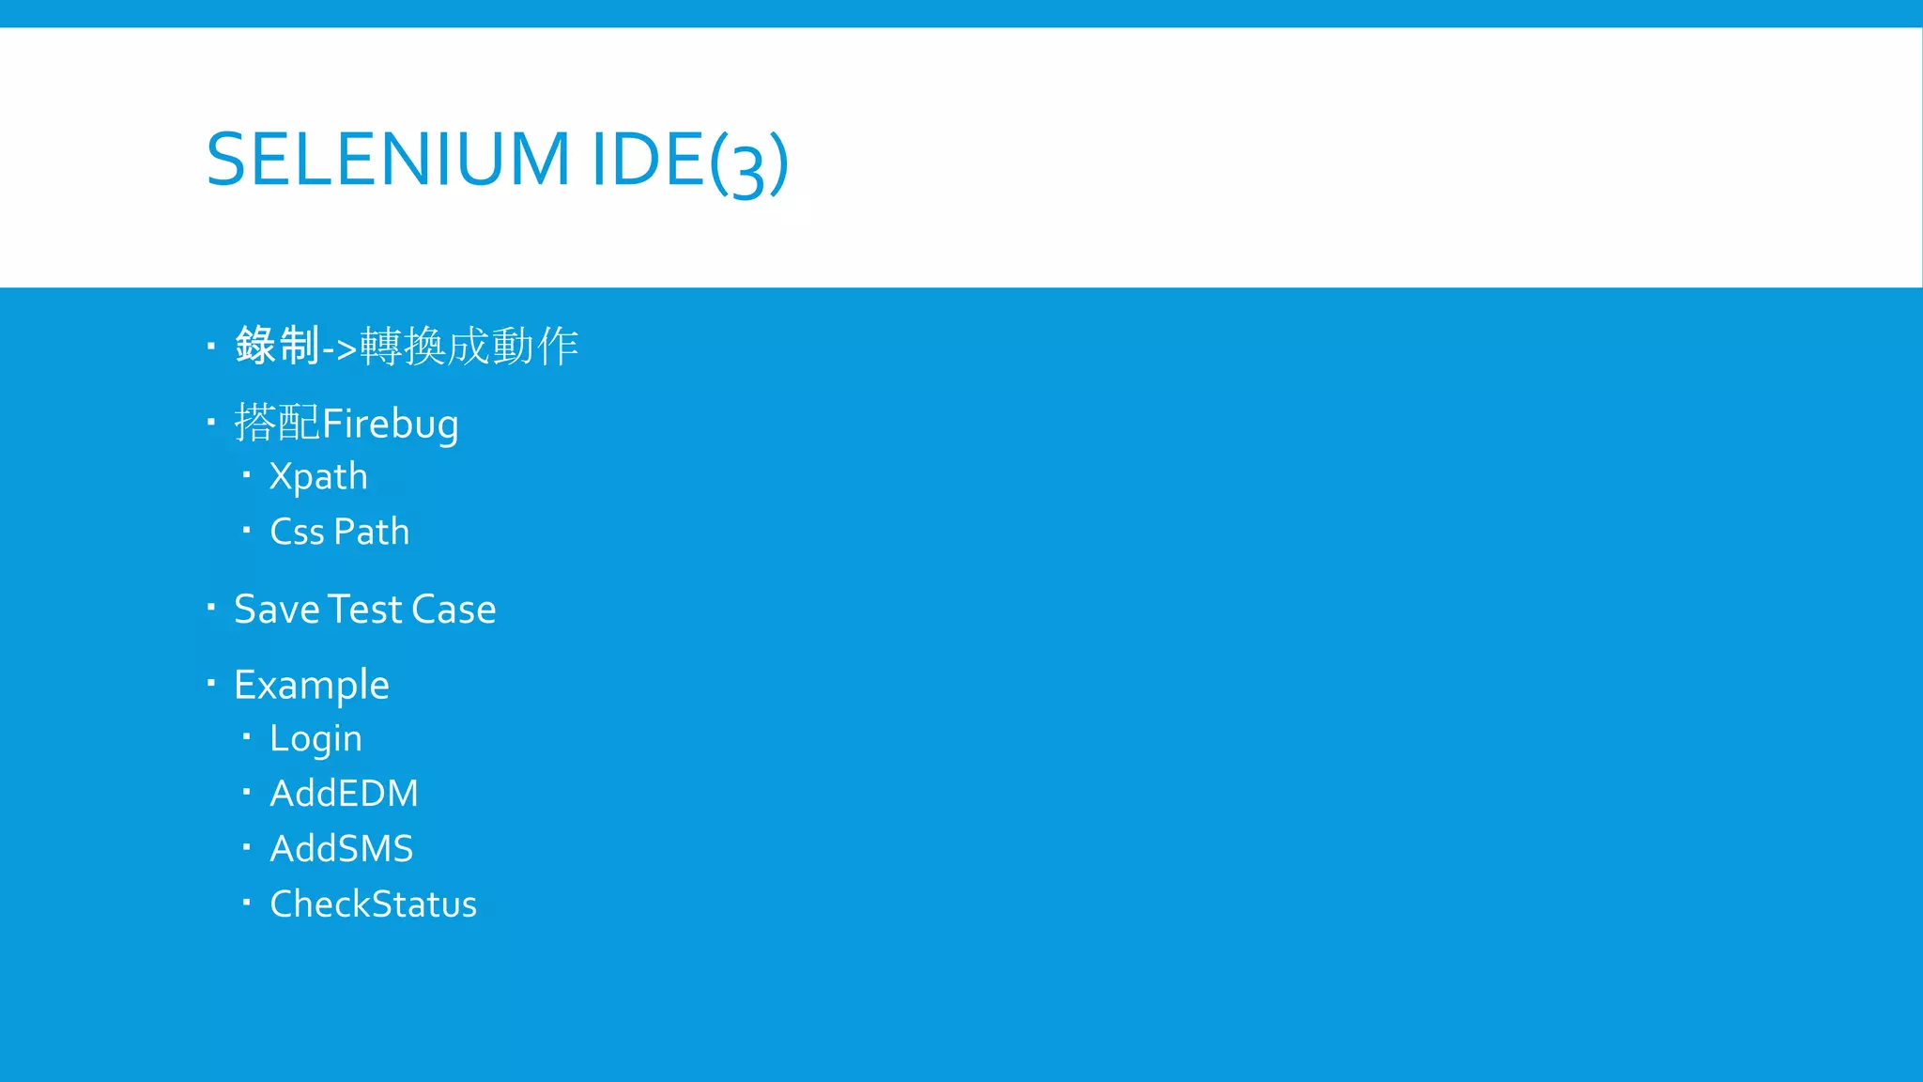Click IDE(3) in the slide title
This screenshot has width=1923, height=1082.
pos(689,162)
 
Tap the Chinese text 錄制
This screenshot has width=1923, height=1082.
pos(277,346)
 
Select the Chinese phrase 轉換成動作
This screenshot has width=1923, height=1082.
pos(469,346)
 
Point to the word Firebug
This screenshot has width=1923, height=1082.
pos(391,424)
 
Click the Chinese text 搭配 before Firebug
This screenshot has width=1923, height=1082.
pos(277,423)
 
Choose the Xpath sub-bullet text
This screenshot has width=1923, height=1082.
pos(318,477)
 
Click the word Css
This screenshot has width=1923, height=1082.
pos(297,532)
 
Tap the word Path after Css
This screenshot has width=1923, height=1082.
pos(372,532)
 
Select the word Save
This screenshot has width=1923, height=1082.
pos(277,610)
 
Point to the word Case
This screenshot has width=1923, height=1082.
pos(454,610)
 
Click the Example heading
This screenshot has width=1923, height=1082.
pos(311,685)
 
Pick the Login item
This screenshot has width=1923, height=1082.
pos(315,739)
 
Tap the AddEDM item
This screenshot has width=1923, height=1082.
pos(344,794)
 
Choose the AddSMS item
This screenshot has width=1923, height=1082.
pos(341,849)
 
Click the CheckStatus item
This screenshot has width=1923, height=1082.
pos(373,904)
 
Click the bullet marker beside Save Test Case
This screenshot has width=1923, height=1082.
pos(211,607)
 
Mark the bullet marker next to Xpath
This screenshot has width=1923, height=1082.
pos(246,475)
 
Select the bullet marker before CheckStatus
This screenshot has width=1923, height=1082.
pos(246,903)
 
